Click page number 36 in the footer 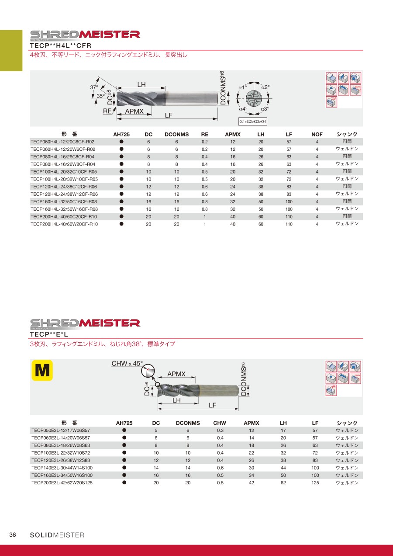tap(13, 535)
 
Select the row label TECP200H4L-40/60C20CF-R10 tap(64, 217)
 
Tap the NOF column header tap(317, 135)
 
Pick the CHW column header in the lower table tap(220, 423)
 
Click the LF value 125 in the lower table tap(315, 483)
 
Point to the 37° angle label tap(94, 87)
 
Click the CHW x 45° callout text tap(127, 364)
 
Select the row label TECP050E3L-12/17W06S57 tap(61, 431)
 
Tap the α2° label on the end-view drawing tap(266, 87)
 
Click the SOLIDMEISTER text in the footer tap(57, 535)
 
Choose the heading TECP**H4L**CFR tap(60, 45)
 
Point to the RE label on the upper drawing tap(107, 111)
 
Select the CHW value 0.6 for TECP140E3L tap(220, 468)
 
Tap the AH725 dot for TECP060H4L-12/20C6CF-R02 tap(121, 142)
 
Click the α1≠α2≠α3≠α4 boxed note tap(253, 121)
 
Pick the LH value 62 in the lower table tap(283, 483)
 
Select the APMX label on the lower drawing tap(176, 374)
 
